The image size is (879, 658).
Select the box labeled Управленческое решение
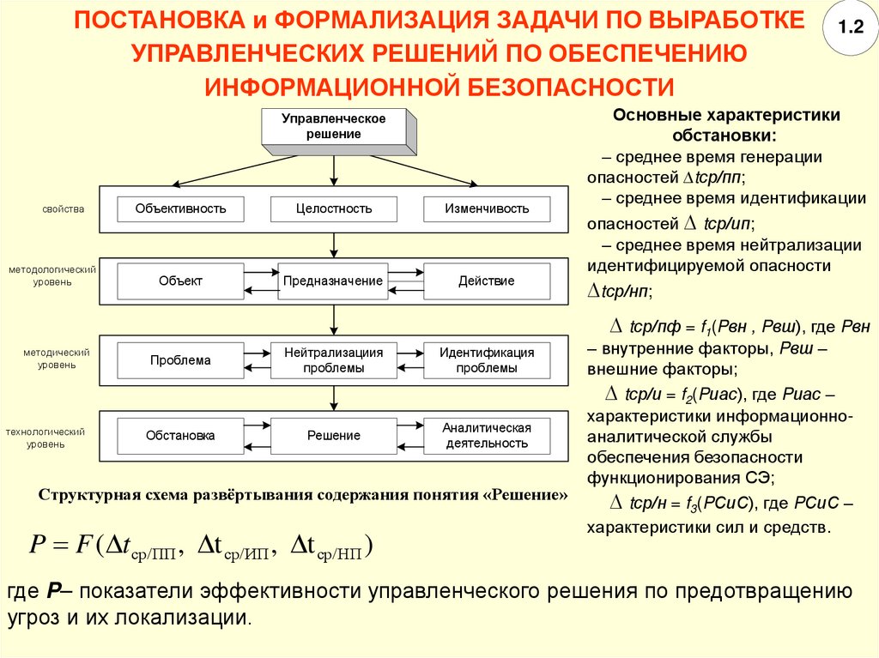pos(335,126)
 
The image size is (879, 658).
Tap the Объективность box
pos(180,208)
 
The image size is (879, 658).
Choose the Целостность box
pos(334,208)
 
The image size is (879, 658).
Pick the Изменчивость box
pos(487,208)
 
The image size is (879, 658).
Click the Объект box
pos(180,281)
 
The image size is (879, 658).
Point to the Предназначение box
pos(334,281)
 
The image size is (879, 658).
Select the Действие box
pos(487,281)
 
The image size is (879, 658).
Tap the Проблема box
pos(180,360)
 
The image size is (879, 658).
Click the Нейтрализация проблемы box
pos(334,360)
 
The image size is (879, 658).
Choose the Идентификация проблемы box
pos(487,360)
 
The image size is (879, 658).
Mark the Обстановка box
pos(180,436)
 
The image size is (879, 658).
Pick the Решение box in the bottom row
pos(334,436)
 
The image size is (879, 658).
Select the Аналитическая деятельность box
pos(487,436)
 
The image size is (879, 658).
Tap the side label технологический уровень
pos(49,438)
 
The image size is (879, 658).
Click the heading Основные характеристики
pos(726,115)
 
